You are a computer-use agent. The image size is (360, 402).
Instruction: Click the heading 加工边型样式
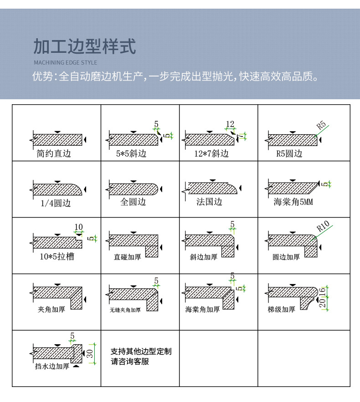85,46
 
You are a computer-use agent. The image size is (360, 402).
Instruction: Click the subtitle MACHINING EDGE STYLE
66,62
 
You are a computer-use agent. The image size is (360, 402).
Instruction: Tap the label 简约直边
54,153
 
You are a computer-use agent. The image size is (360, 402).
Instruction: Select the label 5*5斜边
131,154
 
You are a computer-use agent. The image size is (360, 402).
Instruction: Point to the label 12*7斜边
211,154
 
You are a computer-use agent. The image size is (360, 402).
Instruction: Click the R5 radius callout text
321,124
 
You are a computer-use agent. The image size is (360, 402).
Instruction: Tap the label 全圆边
133,202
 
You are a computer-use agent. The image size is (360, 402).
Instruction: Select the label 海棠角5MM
293,202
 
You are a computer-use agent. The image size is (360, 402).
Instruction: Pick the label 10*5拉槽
57,257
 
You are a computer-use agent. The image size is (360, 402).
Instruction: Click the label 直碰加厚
127,257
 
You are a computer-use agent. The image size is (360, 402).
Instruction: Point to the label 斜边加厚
204,257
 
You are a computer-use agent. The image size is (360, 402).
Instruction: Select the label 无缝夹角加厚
125,310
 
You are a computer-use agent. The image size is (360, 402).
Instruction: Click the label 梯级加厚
282,310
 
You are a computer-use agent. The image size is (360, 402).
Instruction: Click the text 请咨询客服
130,362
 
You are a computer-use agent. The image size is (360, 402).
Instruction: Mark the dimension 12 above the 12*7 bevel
230,124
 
